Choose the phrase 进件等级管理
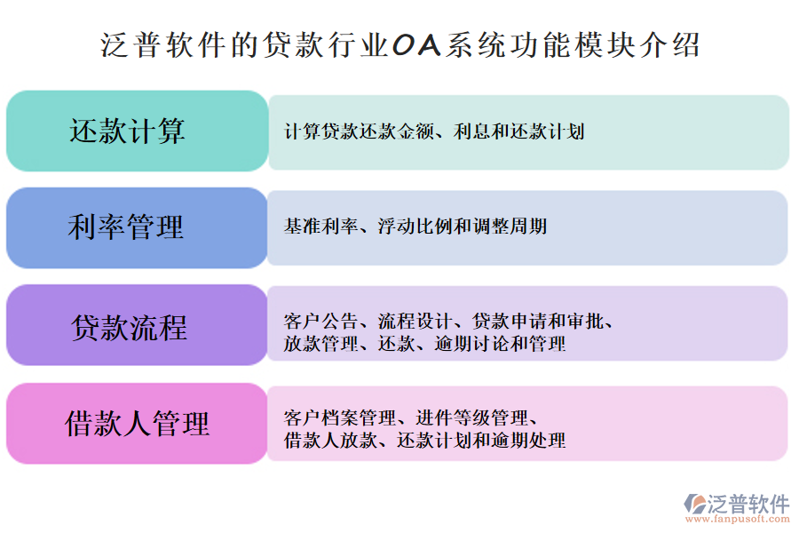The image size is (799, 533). [471, 417]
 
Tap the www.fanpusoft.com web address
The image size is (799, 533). [736, 521]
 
